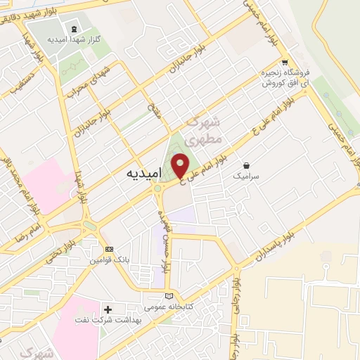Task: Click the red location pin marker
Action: click(x=181, y=165)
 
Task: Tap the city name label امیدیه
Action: click(x=143, y=172)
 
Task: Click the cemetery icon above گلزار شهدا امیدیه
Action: click(x=75, y=29)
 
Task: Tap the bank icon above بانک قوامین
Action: click(x=108, y=249)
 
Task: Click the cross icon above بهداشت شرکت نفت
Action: click(x=108, y=309)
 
